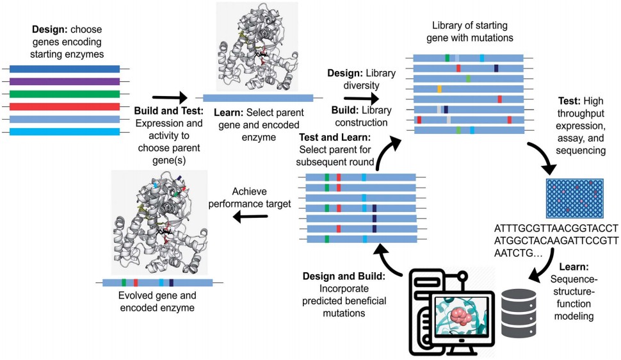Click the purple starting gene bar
pos(65,81)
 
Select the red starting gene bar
pos(65,106)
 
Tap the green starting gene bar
pos(65,94)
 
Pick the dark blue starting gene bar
pos(65,69)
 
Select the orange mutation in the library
pos(439,88)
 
